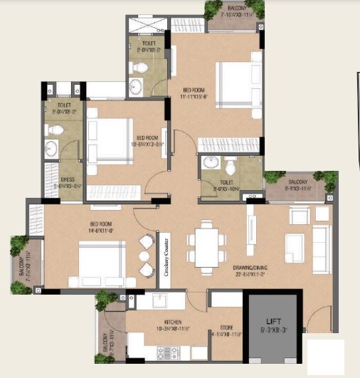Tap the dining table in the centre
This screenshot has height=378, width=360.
(206, 244)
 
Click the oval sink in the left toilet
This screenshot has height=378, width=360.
(51, 149)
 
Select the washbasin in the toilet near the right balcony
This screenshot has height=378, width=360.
(210, 164)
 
